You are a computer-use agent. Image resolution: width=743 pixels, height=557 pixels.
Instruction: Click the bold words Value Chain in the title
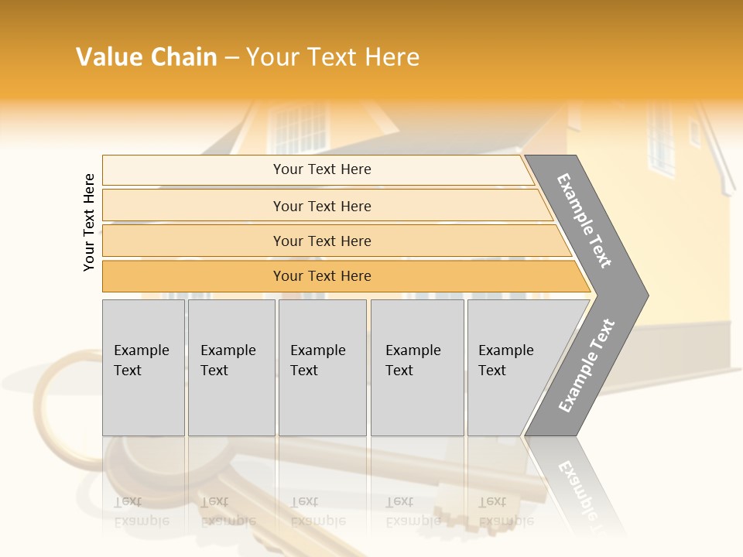(x=146, y=57)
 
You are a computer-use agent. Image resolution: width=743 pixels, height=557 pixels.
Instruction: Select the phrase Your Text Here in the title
(x=333, y=57)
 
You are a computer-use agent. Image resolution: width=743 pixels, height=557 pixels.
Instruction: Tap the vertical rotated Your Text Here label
(x=89, y=222)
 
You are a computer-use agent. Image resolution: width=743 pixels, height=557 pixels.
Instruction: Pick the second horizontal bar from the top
(x=321, y=206)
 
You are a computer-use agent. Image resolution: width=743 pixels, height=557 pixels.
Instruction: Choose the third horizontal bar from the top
(x=321, y=241)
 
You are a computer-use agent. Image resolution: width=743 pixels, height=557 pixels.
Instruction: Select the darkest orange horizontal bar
(x=321, y=276)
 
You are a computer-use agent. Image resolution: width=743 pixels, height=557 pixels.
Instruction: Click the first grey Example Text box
(x=143, y=367)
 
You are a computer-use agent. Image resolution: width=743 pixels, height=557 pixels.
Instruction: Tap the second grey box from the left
(x=231, y=367)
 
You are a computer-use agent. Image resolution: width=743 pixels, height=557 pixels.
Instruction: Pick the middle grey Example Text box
(x=322, y=367)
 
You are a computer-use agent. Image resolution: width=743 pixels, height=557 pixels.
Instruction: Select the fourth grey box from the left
(x=417, y=367)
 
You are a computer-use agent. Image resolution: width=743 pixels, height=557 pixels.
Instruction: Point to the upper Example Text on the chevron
(x=584, y=220)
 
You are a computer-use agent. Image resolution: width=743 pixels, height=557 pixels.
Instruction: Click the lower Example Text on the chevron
(x=587, y=365)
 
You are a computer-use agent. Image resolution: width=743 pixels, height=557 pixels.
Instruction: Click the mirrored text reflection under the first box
(x=142, y=511)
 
